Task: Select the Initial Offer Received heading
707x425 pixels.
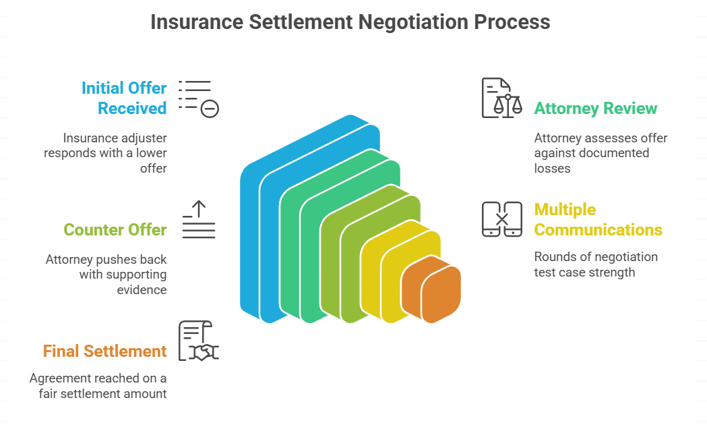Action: click(124, 98)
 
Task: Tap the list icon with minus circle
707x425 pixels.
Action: click(199, 98)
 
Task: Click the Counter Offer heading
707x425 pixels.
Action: click(115, 230)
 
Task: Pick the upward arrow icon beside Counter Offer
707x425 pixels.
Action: click(199, 219)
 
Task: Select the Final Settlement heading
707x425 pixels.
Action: click(104, 351)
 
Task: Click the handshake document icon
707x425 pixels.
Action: click(198, 341)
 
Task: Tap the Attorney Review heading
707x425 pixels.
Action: click(595, 109)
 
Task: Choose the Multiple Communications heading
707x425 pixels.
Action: click(598, 220)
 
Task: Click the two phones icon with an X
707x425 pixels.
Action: click(502, 219)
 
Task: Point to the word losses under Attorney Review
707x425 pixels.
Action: click(552, 168)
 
